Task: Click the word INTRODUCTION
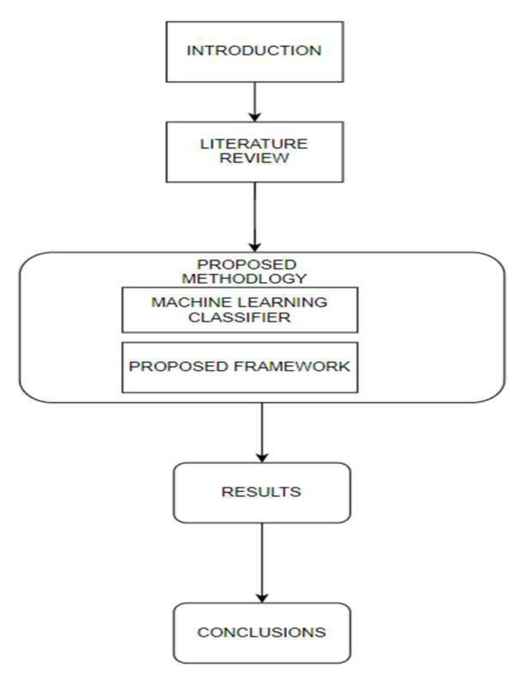254,51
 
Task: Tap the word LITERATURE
254,144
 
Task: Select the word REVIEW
254,158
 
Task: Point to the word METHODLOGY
244,279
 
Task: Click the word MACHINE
191,302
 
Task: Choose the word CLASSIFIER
239,317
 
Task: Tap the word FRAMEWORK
292,366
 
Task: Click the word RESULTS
261,492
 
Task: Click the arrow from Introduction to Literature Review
255,99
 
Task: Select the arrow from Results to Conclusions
262,560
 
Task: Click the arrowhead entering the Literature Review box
255,117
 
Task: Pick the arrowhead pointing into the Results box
262,458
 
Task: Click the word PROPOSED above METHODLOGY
247,265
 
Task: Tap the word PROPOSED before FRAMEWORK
179,366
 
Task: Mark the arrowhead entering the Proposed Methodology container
255,247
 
